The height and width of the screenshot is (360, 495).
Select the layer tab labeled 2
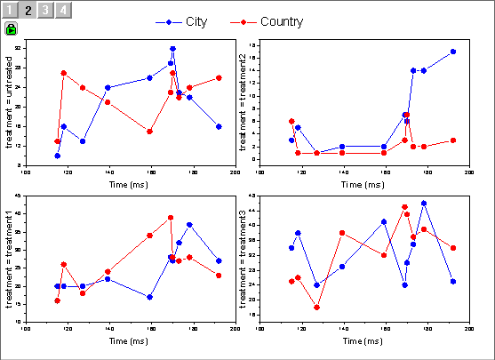28,11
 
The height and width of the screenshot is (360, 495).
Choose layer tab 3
46,11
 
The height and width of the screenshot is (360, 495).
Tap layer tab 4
64,11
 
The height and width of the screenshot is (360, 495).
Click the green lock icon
11,28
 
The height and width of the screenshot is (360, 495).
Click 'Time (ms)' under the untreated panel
130,184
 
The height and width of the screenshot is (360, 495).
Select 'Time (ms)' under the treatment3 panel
363,341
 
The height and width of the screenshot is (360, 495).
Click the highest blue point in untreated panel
172,49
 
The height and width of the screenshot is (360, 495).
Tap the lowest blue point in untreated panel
57,156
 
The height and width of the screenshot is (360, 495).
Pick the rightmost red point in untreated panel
219,77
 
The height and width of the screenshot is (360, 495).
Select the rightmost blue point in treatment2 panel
453,52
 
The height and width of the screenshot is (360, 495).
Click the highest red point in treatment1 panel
171,217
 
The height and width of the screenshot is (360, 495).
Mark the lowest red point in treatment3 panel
316,308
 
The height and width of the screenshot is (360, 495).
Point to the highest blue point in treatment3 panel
424,203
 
